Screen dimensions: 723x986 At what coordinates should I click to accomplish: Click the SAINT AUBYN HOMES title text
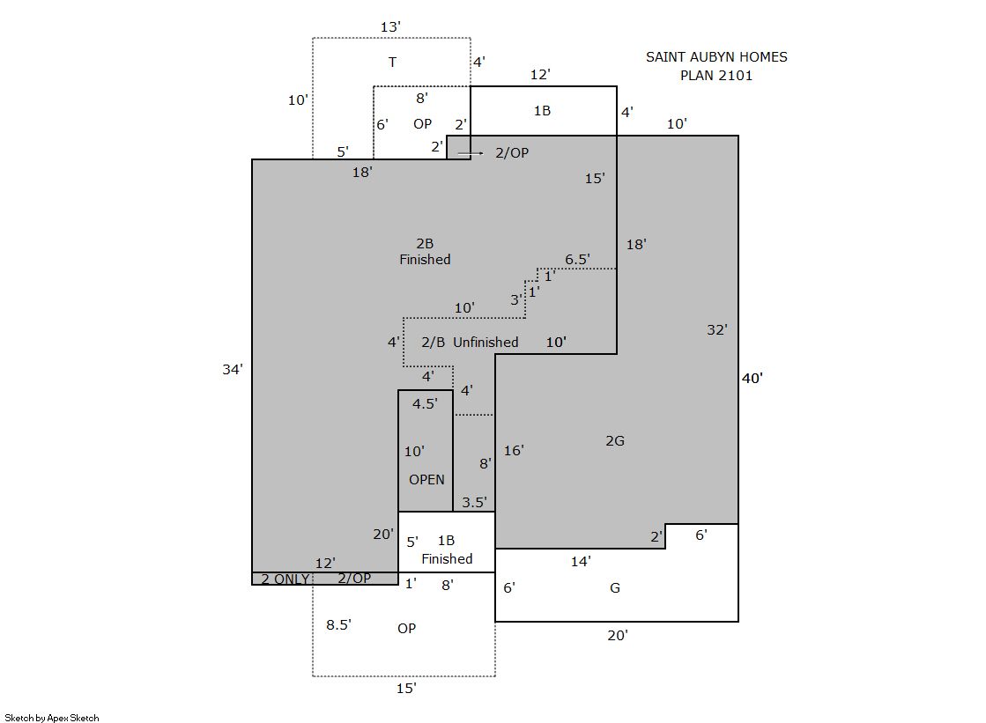pyautogui.click(x=716, y=57)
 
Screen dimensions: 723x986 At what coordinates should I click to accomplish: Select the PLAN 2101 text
pyautogui.click(x=716, y=76)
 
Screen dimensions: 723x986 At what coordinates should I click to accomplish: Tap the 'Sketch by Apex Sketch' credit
pyautogui.click(x=51, y=718)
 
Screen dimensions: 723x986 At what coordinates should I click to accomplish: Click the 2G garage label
pyautogui.click(x=615, y=441)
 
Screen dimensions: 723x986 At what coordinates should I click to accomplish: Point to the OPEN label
pyautogui.click(x=426, y=480)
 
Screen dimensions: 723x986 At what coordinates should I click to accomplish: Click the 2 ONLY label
pyautogui.click(x=285, y=579)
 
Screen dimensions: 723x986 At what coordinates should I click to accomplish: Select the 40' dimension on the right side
pyautogui.click(x=752, y=379)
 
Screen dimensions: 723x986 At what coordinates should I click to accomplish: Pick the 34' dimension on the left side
pyautogui.click(x=232, y=370)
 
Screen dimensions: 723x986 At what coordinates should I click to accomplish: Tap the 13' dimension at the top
pyautogui.click(x=390, y=27)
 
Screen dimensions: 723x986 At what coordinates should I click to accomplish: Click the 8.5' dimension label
pyautogui.click(x=338, y=624)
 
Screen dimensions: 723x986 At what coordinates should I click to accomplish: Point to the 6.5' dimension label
pyautogui.click(x=577, y=260)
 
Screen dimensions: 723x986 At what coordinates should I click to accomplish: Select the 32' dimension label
pyautogui.click(x=717, y=329)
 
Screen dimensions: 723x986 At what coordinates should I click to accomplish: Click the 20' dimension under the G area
pyautogui.click(x=617, y=634)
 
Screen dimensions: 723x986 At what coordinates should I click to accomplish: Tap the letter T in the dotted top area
pyautogui.click(x=392, y=62)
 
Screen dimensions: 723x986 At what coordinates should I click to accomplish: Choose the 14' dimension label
pyautogui.click(x=581, y=561)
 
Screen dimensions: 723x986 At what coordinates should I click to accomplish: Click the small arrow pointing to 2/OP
pyautogui.click(x=472, y=153)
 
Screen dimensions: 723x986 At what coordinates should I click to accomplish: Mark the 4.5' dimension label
pyautogui.click(x=425, y=404)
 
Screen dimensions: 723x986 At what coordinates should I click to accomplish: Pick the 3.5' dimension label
pyautogui.click(x=474, y=503)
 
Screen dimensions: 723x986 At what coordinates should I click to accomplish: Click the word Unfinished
pyautogui.click(x=486, y=342)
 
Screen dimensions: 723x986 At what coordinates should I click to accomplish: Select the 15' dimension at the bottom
pyautogui.click(x=405, y=689)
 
